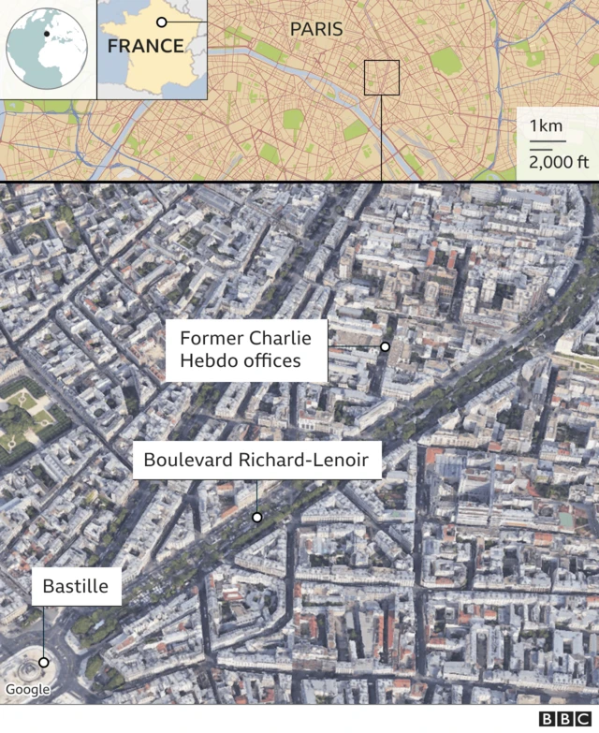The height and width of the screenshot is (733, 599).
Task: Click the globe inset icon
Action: click(x=48, y=47)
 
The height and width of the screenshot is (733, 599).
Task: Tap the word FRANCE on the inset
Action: click(x=145, y=46)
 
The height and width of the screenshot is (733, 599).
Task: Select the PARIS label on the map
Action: click(x=315, y=29)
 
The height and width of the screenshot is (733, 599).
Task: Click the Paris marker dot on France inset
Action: click(x=161, y=22)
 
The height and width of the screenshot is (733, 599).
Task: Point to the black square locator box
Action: click(x=382, y=78)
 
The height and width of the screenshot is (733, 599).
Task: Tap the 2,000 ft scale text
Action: click(x=559, y=161)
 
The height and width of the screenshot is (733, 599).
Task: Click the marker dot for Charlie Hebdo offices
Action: click(x=384, y=346)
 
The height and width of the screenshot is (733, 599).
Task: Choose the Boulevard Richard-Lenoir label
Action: click(x=256, y=460)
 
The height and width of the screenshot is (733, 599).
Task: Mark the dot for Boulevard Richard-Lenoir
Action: click(x=256, y=517)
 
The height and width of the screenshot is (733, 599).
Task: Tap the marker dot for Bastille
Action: click(x=43, y=662)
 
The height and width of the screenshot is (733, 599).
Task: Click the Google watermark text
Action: click(x=27, y=690)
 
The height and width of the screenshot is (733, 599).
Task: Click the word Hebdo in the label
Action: click(x=211, y=360)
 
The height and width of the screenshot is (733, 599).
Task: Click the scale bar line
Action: click(x=548, y=143)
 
